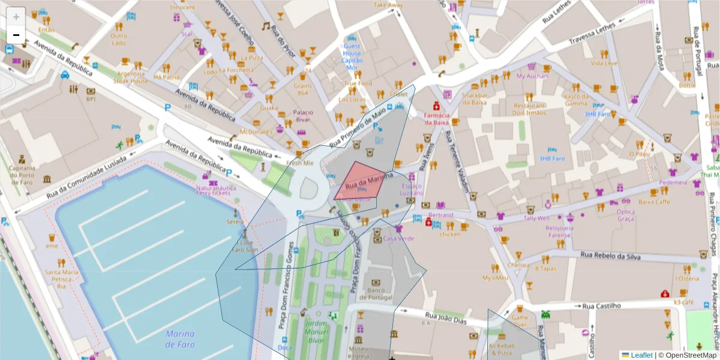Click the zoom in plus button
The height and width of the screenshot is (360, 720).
click(16, 17)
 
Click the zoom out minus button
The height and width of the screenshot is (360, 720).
click(16, 35)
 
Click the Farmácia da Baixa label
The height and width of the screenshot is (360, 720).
click(437, 119)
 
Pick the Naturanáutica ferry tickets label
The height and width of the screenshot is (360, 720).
click(213, 190)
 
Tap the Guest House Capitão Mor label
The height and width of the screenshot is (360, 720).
click(352, 56)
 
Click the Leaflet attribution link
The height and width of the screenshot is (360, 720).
click(641, 355)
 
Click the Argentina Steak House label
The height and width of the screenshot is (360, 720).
click(131, 77)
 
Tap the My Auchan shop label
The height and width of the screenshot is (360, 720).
click(532, 76)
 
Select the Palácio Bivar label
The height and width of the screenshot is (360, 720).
click(303, 116)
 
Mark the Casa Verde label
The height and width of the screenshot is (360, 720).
click(398, 238)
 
